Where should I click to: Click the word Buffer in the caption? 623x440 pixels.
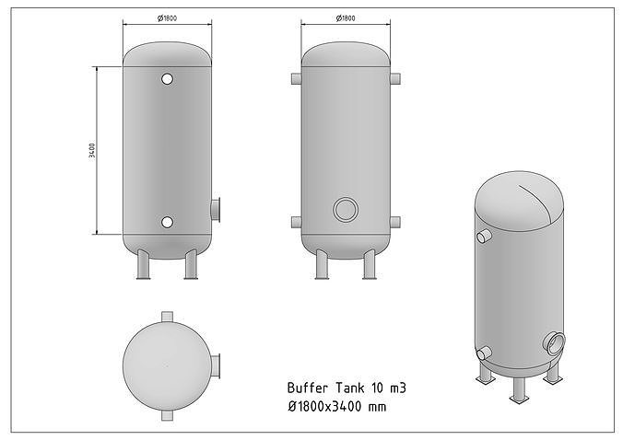(x=307, y=388)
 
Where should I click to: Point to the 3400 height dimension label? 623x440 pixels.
(x=93, y=150)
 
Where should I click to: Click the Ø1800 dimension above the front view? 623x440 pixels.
(x=167, y=17)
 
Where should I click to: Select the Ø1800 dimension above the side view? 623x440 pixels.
(x=346, y=17)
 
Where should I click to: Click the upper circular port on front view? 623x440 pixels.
(x=167, y=79)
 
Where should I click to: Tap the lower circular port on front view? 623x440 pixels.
(x=167, y=222)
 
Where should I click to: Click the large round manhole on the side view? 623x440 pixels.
(x=346, y=209)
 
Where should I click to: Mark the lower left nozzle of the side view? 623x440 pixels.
(x=296, y=222)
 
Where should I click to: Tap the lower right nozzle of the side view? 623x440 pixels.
(x=395, y=222)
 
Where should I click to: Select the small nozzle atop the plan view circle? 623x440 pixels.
(x=167, y=316)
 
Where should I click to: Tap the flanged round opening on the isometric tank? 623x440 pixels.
(x=554, y=342)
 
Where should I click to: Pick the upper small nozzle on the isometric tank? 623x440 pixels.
(x=484, y=237)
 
